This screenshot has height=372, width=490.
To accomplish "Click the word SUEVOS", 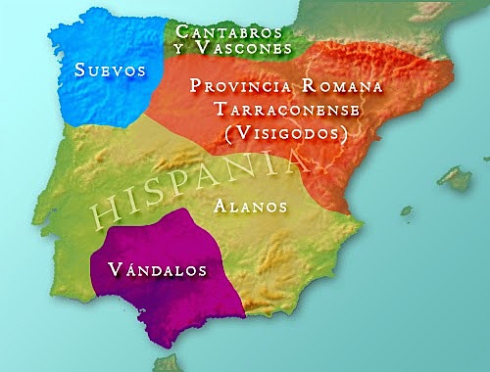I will pyautogui.click(x=109, y=70).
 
